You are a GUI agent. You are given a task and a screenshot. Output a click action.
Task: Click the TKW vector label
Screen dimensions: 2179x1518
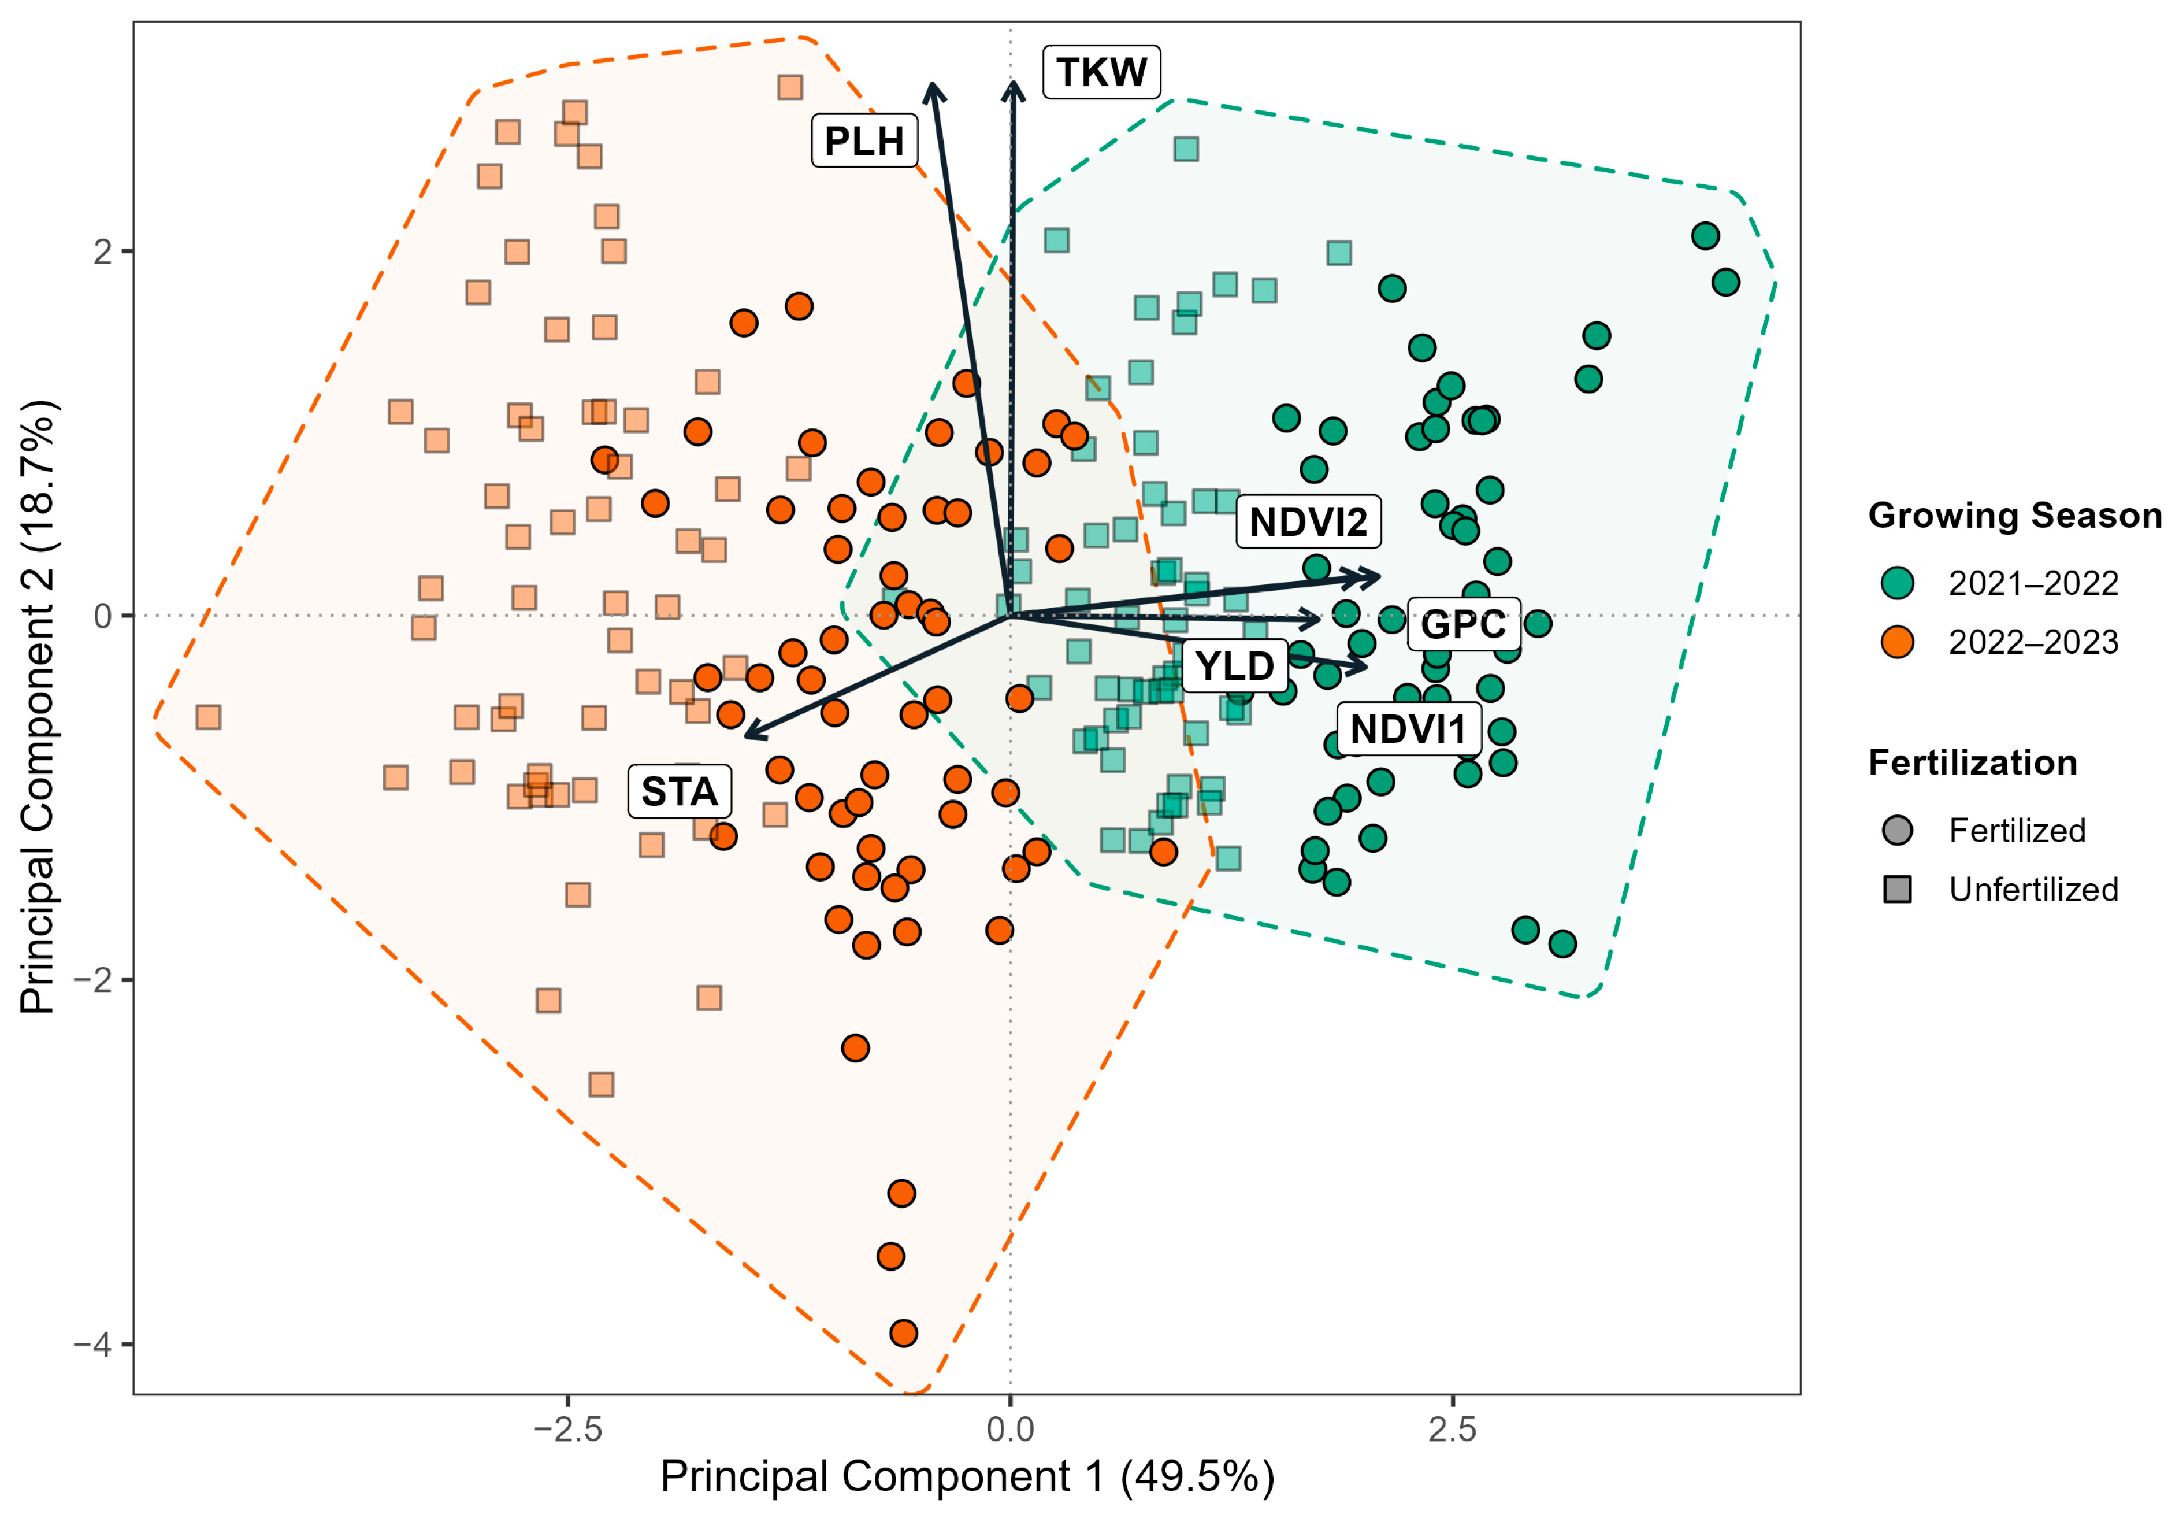point(1101,71)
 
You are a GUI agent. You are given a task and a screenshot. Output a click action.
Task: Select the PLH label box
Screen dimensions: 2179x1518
point(864,140)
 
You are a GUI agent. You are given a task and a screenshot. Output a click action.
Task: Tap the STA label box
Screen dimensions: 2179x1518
point(680,791)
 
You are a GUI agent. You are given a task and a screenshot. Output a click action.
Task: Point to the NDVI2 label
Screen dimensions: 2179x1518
point(1308,521)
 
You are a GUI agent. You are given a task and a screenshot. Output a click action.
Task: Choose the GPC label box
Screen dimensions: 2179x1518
point(1464,624)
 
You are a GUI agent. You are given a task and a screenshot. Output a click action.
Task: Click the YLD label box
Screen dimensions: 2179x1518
point(1235,665)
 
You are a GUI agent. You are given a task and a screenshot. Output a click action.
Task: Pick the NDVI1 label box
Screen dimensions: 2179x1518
point(1408,729)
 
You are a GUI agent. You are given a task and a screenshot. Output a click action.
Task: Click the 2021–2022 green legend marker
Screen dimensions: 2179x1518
point(1897,583)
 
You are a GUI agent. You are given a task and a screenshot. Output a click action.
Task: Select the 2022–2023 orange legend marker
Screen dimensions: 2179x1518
point(1897,642)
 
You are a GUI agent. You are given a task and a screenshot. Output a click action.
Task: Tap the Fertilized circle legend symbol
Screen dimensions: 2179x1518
point(1897,831)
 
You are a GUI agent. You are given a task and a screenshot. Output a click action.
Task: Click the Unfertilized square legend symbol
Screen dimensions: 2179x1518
point(1897,890)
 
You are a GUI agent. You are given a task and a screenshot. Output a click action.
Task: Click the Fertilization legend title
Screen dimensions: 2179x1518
point(1972,763)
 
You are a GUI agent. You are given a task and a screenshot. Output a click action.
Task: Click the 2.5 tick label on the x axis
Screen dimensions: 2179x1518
point(1453,1429)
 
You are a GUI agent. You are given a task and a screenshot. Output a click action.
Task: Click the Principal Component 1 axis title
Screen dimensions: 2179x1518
point(967,1477)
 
